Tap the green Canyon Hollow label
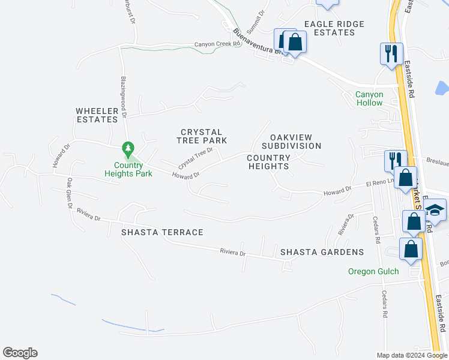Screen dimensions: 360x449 pos(369,98)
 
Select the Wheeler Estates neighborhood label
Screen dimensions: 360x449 pos(96,115)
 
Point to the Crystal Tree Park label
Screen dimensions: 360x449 pos(202,136)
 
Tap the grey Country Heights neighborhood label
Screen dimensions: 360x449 pos(268,162)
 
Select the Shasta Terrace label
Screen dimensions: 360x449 pos(162,232)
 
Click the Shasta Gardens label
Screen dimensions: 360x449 pos(322,252)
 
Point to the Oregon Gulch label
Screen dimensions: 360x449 pos(373,271)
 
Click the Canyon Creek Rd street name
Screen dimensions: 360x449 pos(217,44)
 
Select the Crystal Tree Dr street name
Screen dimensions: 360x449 pos(196,158)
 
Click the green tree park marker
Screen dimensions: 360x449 pos(127,148)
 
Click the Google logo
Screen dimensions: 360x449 pos(20,353)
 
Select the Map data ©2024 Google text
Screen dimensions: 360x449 pos(411,355)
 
